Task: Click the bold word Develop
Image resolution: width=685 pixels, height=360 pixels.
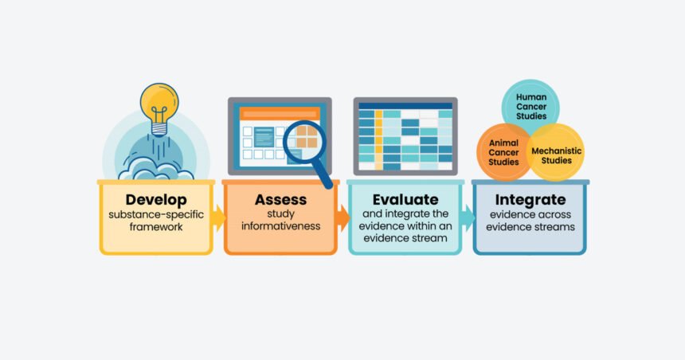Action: click(x=155, y=199)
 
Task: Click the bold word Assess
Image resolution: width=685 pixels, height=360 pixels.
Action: click(x=280, y=199)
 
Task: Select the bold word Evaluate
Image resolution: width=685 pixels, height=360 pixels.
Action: click(x=405, y=199)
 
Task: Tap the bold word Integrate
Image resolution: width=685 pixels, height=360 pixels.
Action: click(x=530, y=199)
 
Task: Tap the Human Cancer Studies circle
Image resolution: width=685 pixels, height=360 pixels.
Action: click(x=530, y=105)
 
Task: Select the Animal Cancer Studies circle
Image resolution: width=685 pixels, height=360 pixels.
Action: click(x=504, y=152)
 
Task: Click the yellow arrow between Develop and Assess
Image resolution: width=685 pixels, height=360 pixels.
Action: click(x=218, y=217)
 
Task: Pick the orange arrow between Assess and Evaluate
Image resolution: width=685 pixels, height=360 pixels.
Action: click(x=342, y=217)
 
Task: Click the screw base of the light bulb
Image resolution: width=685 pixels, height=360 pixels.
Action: click(x=159, y=127)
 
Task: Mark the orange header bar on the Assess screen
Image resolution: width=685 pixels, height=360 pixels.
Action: click(x=280, y=113)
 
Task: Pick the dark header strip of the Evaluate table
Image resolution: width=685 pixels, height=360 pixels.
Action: click(x=405, y=105)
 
